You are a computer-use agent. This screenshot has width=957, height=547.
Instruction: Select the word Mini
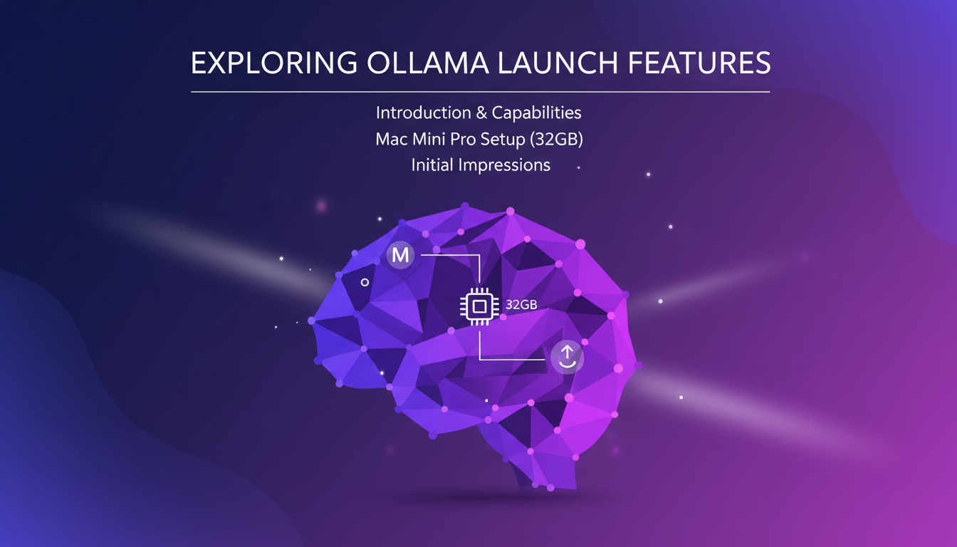point(430,139)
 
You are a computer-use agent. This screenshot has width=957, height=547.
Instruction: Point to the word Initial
point(433,165)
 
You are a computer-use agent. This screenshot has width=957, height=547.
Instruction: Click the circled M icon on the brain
point(401,255)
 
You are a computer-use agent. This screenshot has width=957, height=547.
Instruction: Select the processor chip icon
point(479,306)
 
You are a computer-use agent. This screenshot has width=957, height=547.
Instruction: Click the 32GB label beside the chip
point(521,305)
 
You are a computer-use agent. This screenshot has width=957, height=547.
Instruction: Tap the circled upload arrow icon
point(567,356)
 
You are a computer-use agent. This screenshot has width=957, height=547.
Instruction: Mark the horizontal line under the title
point(480,92)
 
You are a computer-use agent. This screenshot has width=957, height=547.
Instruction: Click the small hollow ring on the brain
point(365,283)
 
